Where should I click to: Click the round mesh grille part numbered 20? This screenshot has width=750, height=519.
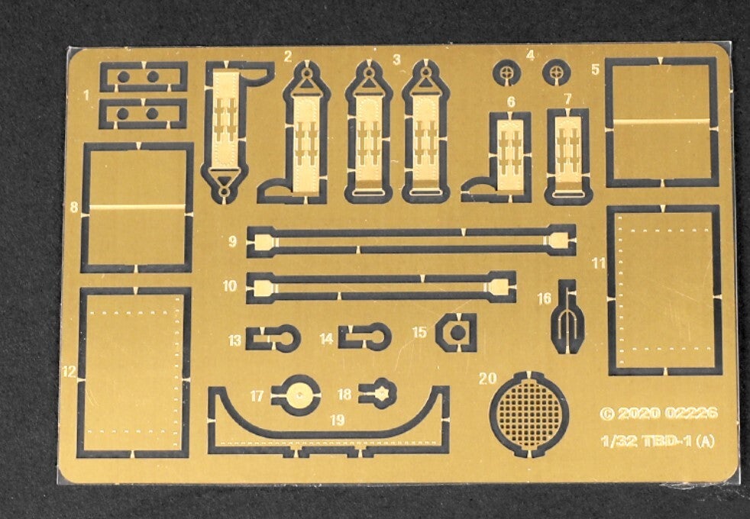(529, 414)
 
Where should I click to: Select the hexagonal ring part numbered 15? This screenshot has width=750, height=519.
(456, 332)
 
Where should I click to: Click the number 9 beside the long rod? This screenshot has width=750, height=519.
(232, 242)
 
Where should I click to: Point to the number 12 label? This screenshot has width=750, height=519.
(70, 372)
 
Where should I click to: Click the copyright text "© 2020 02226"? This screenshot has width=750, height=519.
(658, 413)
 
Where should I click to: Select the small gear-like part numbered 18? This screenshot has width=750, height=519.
(380, 393)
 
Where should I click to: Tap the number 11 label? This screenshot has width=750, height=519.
(598, 263)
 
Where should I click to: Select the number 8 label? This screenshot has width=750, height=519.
(73, 207)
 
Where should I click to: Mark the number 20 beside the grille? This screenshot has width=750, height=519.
(487, 378)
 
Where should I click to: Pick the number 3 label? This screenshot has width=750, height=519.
(396, 60)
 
